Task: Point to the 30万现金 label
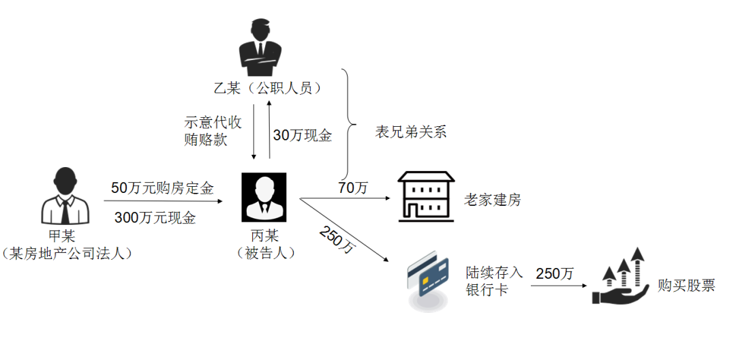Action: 303,136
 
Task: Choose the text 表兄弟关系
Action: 411,132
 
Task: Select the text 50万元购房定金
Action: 162,189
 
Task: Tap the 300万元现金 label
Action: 155,217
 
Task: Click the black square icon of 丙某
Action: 264,197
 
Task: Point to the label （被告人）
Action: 266,253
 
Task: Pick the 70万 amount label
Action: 353,188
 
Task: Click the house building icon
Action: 426,196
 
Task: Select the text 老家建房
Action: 493,200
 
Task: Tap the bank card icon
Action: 427,281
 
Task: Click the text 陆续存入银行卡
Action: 493,281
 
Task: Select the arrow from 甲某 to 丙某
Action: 164,202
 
